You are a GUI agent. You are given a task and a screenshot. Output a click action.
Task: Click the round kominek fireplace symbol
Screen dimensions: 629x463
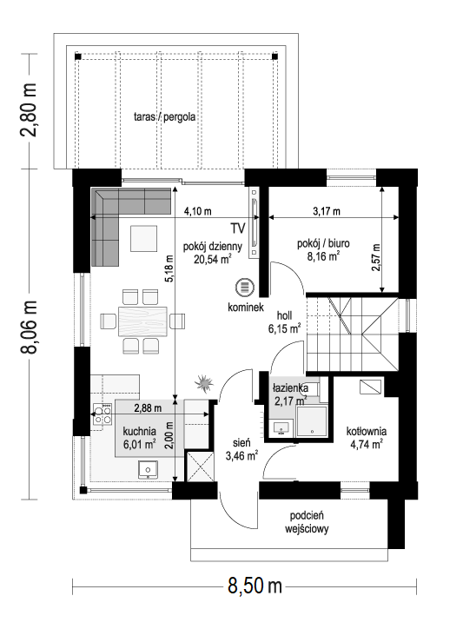pyautogui.click(x=245, y=287)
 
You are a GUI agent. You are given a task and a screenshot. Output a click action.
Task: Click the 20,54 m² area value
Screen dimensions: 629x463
pyautogui.click(x=212, y=258)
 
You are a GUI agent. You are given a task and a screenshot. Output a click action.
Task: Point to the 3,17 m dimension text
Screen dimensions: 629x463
pyautogui.click(x=327, y=211)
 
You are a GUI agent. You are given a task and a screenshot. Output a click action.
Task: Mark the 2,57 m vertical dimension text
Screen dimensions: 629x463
pyautogui.click(x=375, y=257)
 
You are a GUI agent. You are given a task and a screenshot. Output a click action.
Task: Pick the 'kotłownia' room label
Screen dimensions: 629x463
pyautogui.click(x=366, y=431)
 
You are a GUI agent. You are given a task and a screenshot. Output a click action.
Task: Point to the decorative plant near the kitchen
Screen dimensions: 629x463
pyautogui.click(x=205, y=382)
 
